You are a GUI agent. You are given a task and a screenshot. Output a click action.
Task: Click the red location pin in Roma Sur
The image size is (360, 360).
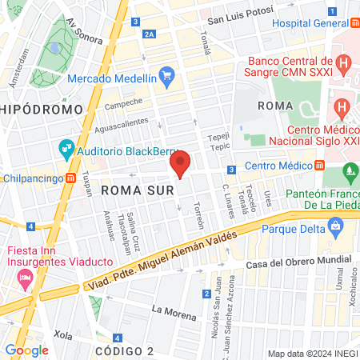(x=181, y=164)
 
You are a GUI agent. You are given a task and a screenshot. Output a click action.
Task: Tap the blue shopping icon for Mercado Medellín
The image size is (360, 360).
(x=166, y=78)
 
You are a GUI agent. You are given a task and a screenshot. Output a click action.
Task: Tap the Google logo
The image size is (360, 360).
(x=26, y=350)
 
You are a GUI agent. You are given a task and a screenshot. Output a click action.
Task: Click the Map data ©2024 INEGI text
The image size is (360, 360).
(x=311, y=354)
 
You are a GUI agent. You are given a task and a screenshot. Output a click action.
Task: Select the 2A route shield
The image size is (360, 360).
(x=150, y=34)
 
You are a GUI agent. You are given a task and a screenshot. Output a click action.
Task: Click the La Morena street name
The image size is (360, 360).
(x=174, y=312)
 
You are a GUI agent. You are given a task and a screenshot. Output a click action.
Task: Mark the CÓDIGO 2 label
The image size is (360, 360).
(x=123, y=351)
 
